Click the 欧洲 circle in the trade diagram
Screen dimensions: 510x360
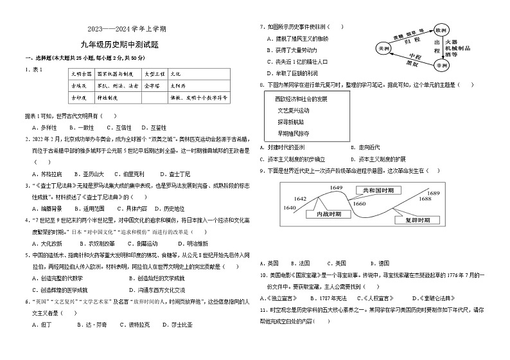(440, 30)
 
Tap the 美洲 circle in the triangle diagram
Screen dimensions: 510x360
(383, 48)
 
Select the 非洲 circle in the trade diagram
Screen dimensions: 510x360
(440, 66)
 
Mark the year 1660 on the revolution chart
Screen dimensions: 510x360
(359, 204)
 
